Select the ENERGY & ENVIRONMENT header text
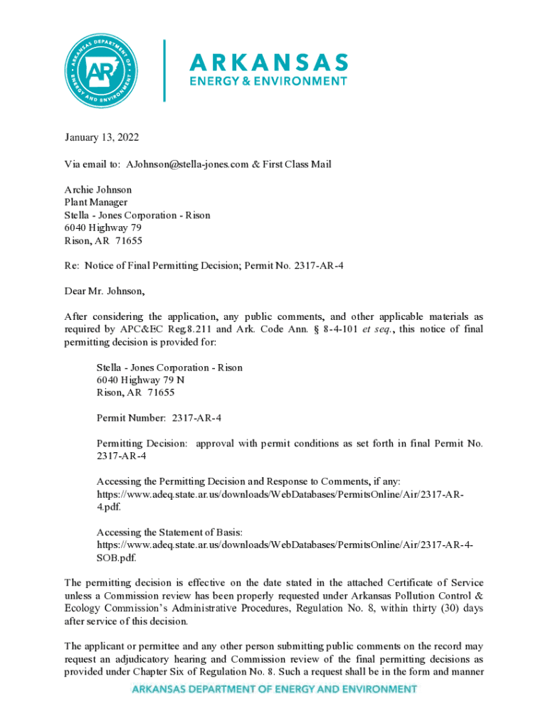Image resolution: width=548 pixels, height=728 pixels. tap(268, 81)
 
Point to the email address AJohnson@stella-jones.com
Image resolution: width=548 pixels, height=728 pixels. tap(187, 164)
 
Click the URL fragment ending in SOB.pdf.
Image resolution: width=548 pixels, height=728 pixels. tap(113, 558)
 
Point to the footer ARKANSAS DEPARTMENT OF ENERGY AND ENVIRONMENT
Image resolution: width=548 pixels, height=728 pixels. tap(273, 689)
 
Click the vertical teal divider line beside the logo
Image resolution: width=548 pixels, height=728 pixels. tap(164, 70)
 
